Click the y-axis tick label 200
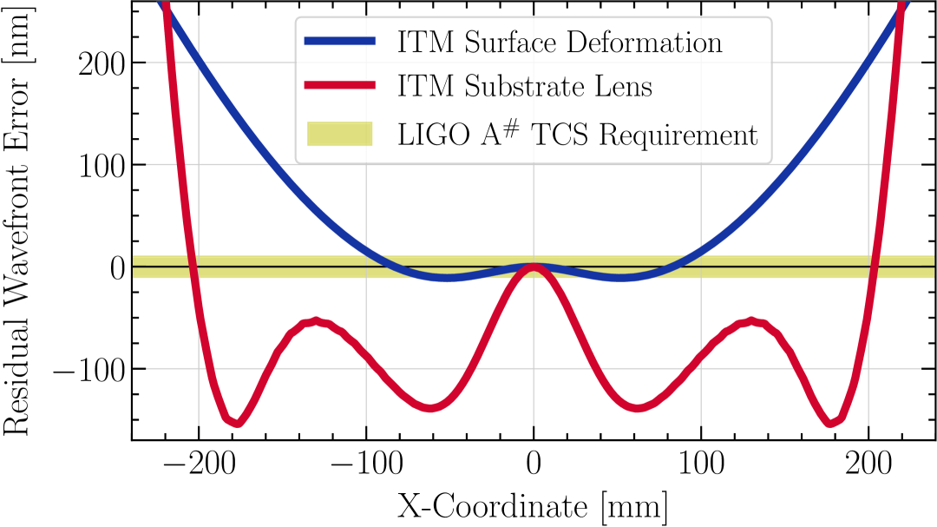(102, 63)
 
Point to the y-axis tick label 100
(102, 165)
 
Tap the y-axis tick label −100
(88, 370)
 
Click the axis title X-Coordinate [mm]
(533, 506)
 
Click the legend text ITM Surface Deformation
(560, 43)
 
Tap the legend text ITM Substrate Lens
(525, 87)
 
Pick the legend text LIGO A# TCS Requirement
(578, 135)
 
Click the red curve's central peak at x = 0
(534, 268)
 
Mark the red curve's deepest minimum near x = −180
(234, 422)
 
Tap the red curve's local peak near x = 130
(751, 322)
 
